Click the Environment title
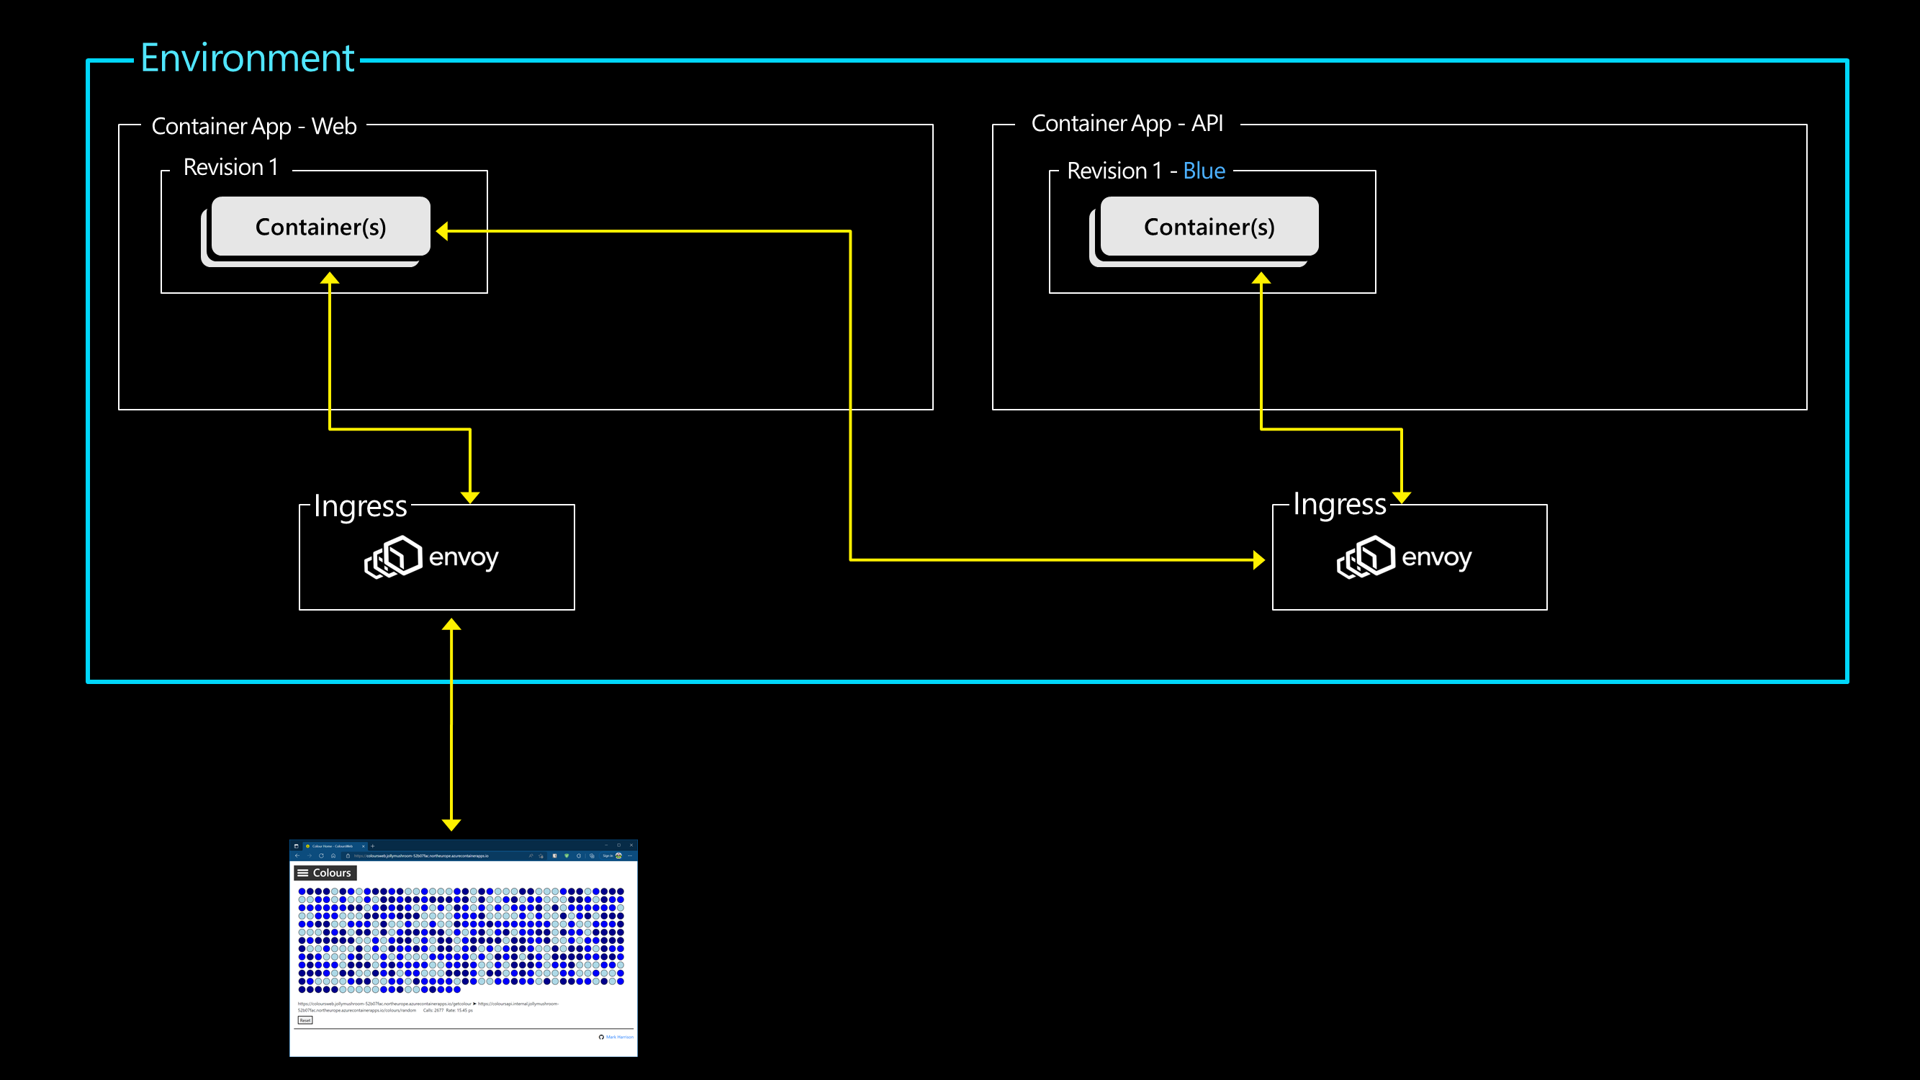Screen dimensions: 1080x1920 pos(248,59)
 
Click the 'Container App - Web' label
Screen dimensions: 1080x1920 pos(253,126)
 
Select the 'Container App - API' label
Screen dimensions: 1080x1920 pos(1127,123)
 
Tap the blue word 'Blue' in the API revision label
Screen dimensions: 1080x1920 pos(1204,171)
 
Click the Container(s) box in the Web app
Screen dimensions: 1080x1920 pos(320,227)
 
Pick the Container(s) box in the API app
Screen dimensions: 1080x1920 pos(1209,227)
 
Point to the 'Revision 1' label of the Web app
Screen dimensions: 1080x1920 pos(230,167)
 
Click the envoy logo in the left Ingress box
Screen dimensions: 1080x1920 pos(393,557)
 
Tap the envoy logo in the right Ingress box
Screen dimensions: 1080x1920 pos(1366,557)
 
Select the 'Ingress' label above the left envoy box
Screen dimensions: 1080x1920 pos(360,506)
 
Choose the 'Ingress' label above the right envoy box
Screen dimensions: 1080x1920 pos(1339,505)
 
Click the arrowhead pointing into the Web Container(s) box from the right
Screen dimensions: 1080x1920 pos(443,231)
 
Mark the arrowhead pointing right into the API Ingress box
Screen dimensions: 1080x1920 pos(1258,559)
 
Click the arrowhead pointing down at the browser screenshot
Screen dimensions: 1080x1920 pos(451,824)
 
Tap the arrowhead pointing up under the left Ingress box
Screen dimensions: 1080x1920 pos(451,624)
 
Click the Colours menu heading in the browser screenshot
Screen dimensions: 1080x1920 pos(325,873)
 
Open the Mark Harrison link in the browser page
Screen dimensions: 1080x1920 pos(618,1037)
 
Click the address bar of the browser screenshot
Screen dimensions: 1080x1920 pos(432,855)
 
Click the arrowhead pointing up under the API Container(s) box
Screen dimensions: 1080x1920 pos(1261,278)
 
